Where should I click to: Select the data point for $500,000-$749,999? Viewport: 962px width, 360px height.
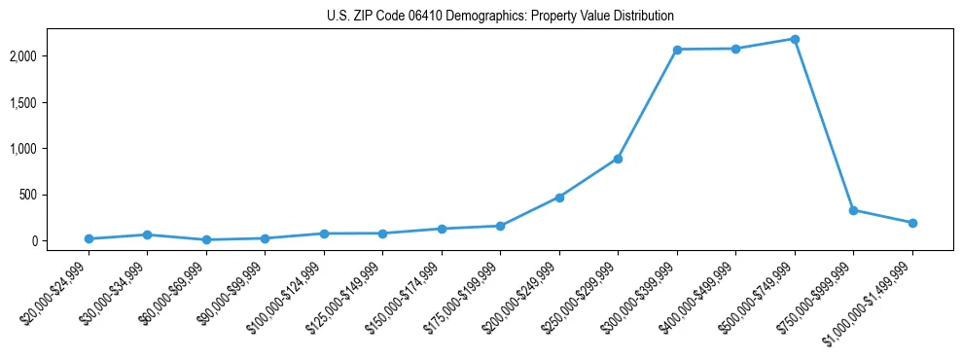[x=795, y=39]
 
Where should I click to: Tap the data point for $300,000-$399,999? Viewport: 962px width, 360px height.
[x=677, y=50]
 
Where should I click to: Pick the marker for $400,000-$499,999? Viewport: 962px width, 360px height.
[x=735, y=49]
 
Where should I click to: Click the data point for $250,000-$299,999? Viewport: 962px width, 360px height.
[x=618, y=159]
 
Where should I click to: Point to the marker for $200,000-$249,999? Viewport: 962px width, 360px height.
[x=559, y=198]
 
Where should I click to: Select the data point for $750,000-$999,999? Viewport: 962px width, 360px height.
[x=853, y=210]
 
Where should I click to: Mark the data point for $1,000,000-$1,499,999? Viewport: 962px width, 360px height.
[x=912, y=223]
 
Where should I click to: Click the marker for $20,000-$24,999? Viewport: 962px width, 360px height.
[x=89, y=238]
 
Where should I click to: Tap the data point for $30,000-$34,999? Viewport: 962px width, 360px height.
[x=147, y=234]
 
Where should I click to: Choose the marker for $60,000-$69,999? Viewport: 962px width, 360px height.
[x=206, y=239]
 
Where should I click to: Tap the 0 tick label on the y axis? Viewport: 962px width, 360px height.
[x=60, y=240]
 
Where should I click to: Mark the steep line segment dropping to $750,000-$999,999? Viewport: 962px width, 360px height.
[x=824, y=125]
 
